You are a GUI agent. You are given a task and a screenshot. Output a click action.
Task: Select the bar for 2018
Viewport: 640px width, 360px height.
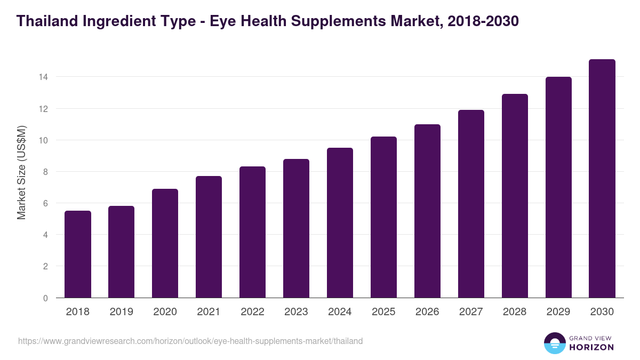pos(78,254)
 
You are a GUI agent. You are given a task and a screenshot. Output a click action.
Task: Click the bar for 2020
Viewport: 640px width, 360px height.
pos(165,243)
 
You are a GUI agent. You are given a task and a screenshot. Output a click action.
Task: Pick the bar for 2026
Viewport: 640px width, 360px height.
pos(427,211)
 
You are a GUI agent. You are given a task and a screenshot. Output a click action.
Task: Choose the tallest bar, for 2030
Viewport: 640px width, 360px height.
pos(602,179)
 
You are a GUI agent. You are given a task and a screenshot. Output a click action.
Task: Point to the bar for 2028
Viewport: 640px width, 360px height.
pos(515,196)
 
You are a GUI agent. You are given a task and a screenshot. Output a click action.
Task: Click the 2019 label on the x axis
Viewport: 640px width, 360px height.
pos(122,312)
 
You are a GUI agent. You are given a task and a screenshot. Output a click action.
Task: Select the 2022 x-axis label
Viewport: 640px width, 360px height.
pos(252,312)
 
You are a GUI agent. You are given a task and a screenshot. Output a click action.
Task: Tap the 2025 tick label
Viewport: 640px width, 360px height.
pos(383,312)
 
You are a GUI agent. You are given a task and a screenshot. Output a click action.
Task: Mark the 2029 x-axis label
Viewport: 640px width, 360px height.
pos(558,312)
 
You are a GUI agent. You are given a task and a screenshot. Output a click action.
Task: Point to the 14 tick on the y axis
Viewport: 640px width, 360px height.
pos(43,77)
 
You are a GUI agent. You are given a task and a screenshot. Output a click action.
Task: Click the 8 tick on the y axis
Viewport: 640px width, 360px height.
pos(46,172)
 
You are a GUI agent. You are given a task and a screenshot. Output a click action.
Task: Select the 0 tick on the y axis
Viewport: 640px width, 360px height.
pos(46,298)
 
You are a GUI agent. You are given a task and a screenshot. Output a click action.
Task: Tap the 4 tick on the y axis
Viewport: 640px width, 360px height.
pos(46,235)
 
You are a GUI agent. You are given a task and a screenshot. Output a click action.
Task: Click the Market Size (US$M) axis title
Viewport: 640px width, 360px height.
pos(22,172)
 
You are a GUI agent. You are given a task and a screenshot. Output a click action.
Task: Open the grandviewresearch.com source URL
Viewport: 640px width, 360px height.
pos(190,341)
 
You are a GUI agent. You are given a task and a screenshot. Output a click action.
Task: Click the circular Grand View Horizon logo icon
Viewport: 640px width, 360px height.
pos(554,343)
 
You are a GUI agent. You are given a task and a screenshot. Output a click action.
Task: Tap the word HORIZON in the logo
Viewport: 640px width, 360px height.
pos(592,347)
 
